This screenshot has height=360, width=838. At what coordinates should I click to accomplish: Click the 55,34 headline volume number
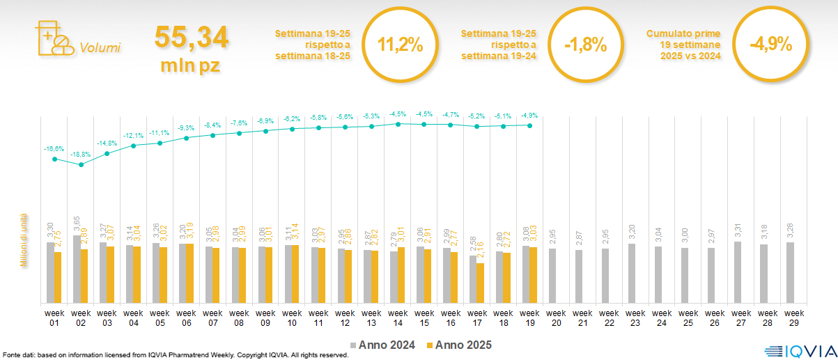[x=191, y=38]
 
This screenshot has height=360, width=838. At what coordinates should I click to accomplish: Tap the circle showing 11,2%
[x=400, y=45]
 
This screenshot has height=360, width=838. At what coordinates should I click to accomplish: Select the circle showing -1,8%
[x=585, y=45]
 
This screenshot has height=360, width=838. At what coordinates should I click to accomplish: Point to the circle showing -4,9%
[x=770, y=45]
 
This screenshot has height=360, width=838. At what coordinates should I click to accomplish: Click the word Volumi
[x=100, y=48]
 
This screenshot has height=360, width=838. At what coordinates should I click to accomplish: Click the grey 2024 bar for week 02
[x=77, y=269]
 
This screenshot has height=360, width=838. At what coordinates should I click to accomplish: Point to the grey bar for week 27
[x=738, y=272]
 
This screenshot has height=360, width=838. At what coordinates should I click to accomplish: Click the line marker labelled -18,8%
[x=81, y=165]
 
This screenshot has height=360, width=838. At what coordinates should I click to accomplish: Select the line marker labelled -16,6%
[x=54, y=159]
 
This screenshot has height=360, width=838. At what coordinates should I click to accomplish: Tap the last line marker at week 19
[x=530, y=125]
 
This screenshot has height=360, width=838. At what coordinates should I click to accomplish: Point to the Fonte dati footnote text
[x=174, y=355]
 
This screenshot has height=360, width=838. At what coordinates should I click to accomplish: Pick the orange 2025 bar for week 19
[x=533, y=275]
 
